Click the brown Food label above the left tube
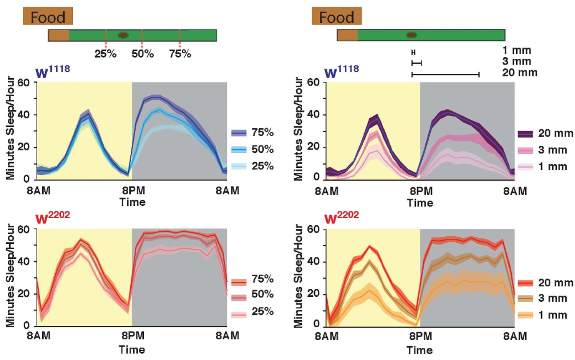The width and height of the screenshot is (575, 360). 48,17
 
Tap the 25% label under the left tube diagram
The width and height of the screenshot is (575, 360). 105,54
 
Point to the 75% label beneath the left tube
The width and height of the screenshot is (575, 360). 180,54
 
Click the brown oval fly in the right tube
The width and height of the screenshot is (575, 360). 411,35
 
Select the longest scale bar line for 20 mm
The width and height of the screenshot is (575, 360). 445,75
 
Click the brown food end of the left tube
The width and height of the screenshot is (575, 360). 58,35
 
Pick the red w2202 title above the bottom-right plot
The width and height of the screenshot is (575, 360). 341,218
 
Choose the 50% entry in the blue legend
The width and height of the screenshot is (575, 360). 252,150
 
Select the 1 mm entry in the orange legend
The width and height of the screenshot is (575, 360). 545,315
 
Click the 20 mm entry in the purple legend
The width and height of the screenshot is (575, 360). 545,134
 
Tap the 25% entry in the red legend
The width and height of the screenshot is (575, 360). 252,312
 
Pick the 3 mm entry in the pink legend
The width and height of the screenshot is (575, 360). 545,150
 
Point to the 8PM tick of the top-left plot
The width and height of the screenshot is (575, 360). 132,191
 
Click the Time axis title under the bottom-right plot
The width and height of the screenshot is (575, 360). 420,350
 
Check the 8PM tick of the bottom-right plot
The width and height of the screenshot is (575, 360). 420,336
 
